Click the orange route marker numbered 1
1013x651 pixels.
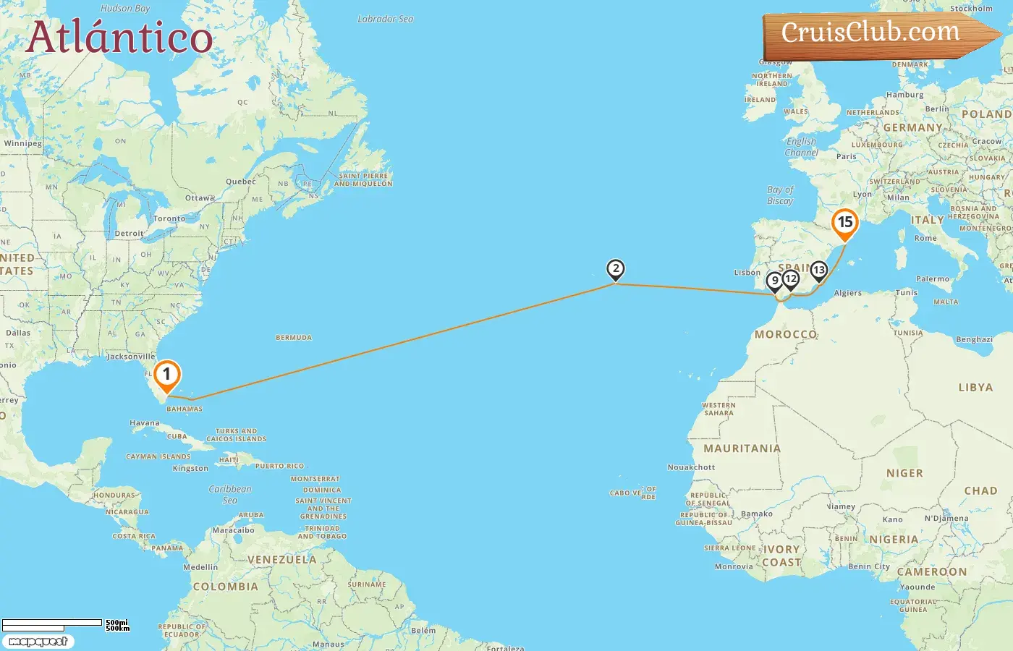point(166,375)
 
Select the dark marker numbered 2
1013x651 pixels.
point(615,270)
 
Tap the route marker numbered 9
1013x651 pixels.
point(774,281)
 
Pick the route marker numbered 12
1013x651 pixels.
point(791,279)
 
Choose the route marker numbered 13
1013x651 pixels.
point(818,271)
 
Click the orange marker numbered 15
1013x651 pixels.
point(844,223)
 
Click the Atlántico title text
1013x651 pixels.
point(119,38)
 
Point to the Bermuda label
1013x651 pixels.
point(294,338)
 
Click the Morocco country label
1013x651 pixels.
point(786,334)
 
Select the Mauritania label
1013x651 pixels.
point(742,448)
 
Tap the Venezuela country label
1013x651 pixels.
point(282,560)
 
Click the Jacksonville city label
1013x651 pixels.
point(131,357)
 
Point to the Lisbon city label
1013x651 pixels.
point(747,273)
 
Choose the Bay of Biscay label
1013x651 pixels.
point(780,195)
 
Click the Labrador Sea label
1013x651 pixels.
point(386,20)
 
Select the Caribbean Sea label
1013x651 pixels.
point(230,494)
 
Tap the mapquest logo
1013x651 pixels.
point(38,642)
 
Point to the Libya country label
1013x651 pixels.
point(975,388)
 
